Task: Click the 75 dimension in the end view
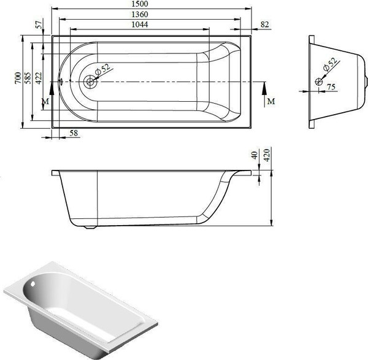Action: [330, 87]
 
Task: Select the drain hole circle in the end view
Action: [319, 81]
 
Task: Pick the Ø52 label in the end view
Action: [331, 64]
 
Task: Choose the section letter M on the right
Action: [270, 100]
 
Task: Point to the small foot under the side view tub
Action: [92, 228]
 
